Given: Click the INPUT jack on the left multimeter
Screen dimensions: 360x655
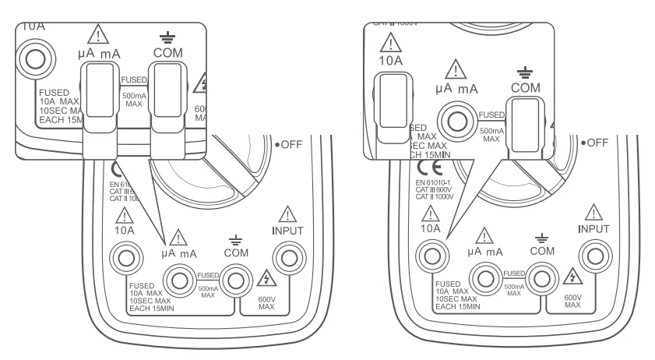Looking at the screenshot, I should coord(289,256).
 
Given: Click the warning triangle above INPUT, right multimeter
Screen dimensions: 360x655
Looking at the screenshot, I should coord(593,212).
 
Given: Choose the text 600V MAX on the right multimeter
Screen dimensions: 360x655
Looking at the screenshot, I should coord(572,300).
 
